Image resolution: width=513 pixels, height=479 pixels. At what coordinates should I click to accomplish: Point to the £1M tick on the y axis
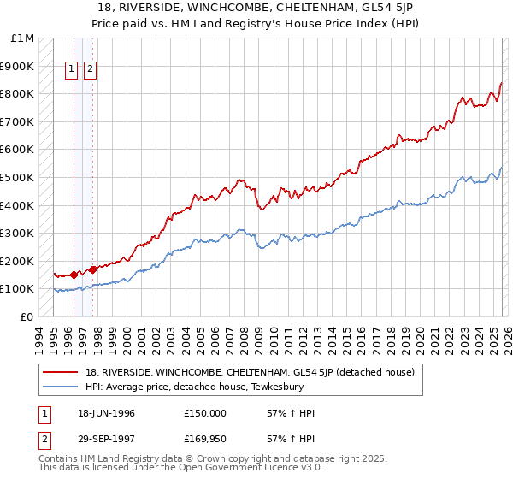(23, 38)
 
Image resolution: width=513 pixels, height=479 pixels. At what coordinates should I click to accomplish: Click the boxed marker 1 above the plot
(73, 71)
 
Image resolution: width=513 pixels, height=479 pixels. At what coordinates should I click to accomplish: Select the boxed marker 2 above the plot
(90, 71)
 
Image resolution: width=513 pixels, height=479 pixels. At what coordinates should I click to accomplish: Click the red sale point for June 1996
(74, 275)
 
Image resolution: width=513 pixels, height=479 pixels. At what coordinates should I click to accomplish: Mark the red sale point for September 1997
(92, 269)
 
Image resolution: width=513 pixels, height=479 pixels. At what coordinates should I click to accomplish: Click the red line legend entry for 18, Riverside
(250, 372)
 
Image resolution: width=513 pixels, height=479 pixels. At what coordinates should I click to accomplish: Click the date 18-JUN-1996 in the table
(106, 413)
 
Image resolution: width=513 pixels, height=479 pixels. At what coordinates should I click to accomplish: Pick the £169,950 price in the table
(205, 439)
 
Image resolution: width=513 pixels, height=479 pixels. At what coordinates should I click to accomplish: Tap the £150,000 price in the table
(205, 413)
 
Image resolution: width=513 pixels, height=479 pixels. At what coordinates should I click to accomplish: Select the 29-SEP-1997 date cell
(106, 439)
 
